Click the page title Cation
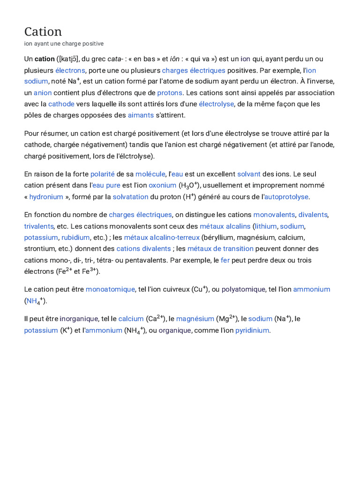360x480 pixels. click(x=43, y=31)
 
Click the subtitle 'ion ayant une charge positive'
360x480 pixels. click(x=64, y=44)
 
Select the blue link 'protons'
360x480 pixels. click(x=170, y=93)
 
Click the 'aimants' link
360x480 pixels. click(x=141, y=115)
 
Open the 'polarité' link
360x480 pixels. click(x=102, y=174)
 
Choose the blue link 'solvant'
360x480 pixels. click(x=248, y=174)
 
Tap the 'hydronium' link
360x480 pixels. click(x=46, y=197)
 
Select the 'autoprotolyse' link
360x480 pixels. click(x=286, y=197)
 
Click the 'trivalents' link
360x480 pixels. click(x=39, y=226)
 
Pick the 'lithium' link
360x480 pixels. click(x=265, y=226)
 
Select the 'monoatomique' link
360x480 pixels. click(x=110, y=289)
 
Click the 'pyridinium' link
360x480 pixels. click(x=252, y=330)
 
